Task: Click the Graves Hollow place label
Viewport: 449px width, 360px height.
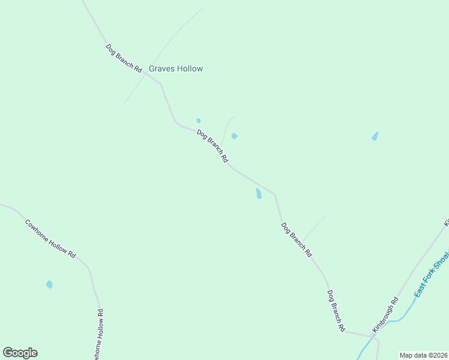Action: (176, 69)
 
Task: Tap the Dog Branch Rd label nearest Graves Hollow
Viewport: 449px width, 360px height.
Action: (124, 59)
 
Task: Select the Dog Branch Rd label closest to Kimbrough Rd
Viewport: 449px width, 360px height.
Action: (336, 311)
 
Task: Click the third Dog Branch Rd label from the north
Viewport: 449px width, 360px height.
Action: (297, 240)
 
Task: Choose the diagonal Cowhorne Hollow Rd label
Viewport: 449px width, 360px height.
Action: (50, 239)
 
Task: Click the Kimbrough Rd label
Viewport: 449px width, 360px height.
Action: (385, 315)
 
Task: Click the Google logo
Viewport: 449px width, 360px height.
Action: (20, 353)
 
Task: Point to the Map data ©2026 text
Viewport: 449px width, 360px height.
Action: (423, 355)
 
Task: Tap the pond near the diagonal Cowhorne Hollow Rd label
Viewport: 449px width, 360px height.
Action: (49, 284)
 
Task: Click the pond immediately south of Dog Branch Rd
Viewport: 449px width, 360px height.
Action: (259, 193)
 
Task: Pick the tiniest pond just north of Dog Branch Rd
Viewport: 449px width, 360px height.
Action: (199, 121)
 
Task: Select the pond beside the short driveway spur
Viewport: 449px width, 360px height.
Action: (235, 136)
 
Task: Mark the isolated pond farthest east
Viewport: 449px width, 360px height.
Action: (375, 136)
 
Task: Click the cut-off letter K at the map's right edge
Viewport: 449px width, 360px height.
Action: (446, 223)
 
